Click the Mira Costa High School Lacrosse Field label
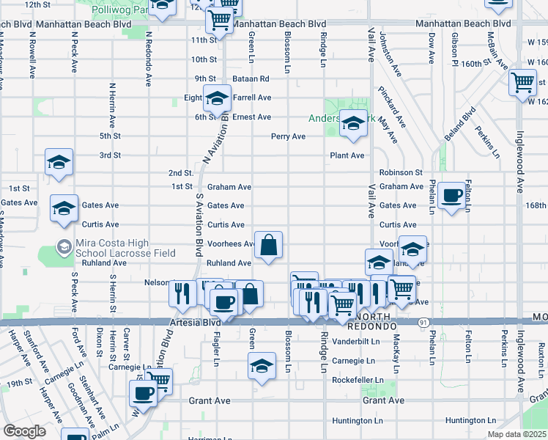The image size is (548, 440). [125, 248]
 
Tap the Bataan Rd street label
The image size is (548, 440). [251, 78]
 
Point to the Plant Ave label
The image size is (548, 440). [347, 155]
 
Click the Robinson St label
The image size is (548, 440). [401, 173]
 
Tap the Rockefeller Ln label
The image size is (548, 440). [358, 380]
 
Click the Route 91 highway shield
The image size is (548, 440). [424, 323]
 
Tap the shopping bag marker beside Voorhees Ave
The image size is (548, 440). [269, 245]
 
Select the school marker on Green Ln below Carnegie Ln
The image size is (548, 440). [262, 365]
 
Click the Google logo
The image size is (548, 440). [24, 431]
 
